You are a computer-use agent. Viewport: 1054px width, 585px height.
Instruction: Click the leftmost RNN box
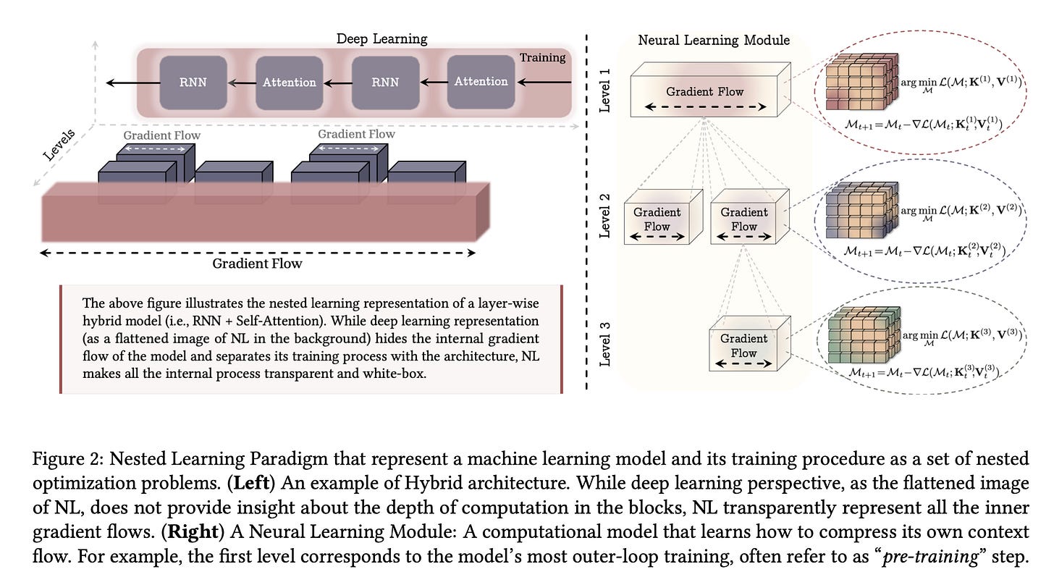click(x=193, y=82)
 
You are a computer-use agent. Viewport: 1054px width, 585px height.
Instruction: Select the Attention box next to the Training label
click(x=481, y=82)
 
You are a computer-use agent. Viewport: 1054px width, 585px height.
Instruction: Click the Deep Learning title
click(x=382, y=38)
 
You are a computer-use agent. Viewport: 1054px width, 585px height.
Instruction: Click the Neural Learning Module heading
click(x=714, y=40)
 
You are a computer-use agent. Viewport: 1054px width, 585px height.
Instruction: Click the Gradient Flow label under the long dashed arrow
click(x=257, y=264)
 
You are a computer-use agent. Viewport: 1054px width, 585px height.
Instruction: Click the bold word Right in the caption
click(x=190, y=531)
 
